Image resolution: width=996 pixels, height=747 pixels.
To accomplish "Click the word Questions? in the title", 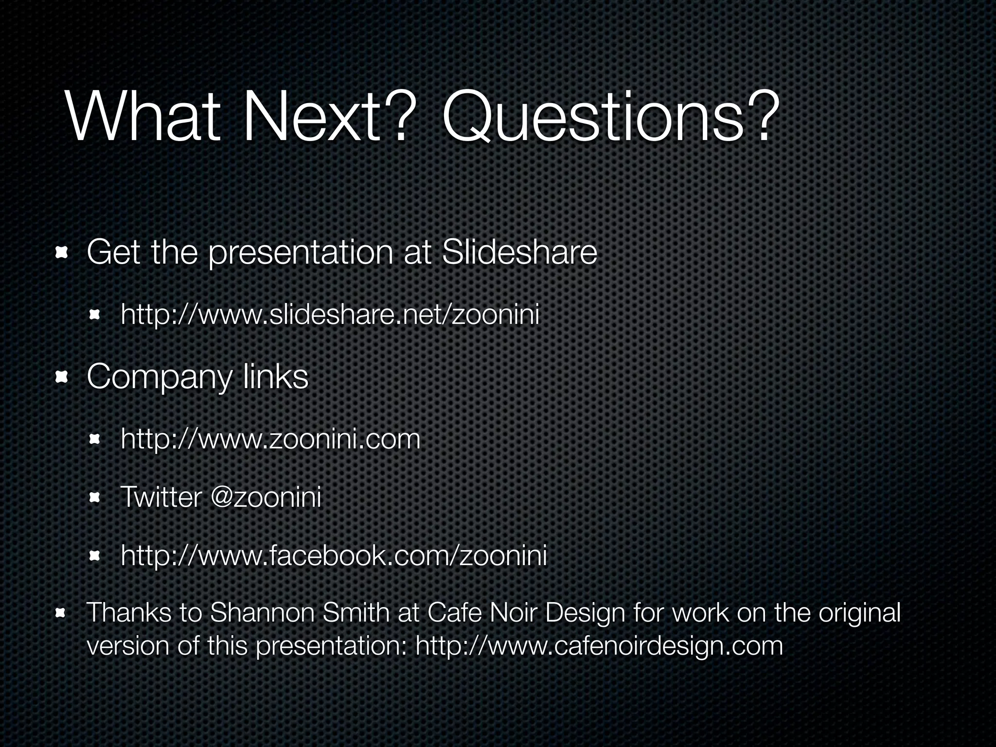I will [606, 118].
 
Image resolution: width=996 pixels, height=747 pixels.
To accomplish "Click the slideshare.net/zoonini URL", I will [330, 315].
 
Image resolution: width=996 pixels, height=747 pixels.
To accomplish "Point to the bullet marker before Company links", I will [61, 377].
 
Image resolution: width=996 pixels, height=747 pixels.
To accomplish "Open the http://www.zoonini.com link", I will [270, 439].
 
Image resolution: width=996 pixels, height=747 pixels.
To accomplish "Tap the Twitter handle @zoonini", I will [266, 498].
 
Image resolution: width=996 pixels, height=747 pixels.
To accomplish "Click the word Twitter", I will [160, 498].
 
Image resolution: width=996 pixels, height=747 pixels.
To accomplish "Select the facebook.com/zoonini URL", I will [334, 555].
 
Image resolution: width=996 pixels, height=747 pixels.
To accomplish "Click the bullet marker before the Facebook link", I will [94, 555].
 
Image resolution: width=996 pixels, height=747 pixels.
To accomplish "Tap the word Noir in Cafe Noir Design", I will [514, 613].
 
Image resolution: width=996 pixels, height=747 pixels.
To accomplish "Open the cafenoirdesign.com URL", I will [599, 646].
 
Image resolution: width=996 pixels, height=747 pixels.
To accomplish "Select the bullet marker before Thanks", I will [61, 613].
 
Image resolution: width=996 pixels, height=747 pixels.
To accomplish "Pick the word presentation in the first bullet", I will [300, 253].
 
